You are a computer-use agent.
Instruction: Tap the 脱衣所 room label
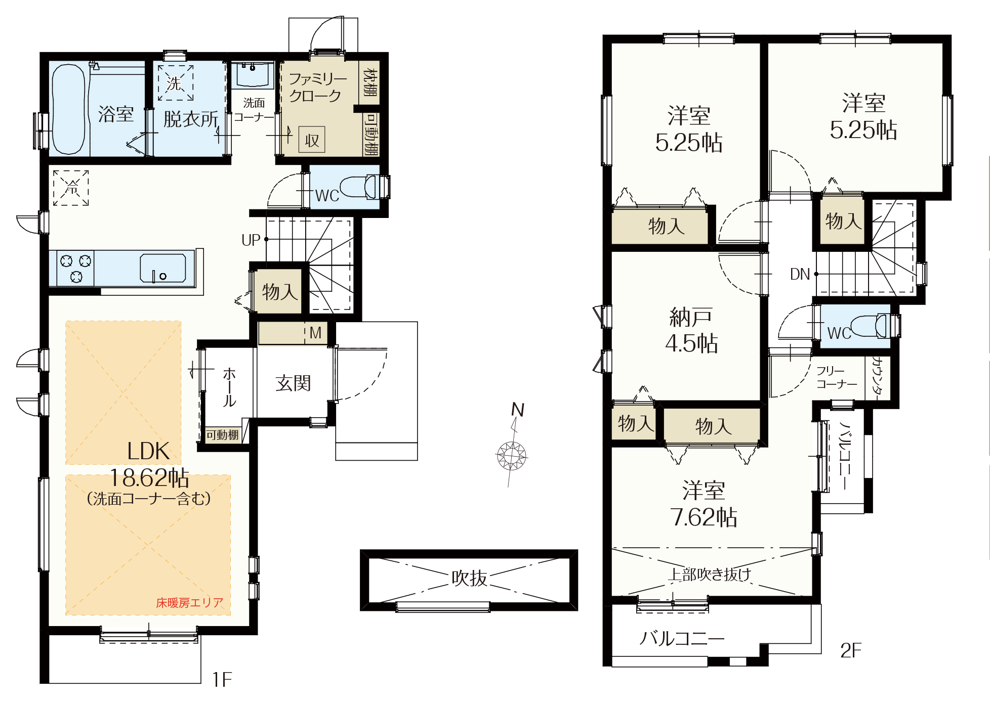tap(191, 119)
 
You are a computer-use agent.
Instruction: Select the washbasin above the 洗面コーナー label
tap(253, 75)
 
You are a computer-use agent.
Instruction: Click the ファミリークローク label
tap(318, 87)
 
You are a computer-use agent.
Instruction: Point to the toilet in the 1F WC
tap(361, 187)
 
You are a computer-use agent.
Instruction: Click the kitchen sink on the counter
tap(163, 268)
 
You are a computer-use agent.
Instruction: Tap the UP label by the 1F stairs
tap(251, 240)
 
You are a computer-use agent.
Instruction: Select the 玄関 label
tap(293, 383)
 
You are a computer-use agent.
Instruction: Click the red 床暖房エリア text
tap(189, 603)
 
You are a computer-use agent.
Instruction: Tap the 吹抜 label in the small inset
tap(469, 578)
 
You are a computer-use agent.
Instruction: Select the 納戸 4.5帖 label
tap(691, 330)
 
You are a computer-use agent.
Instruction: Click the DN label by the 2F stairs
tap(800, 274)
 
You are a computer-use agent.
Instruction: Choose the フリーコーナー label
tap(837, 378)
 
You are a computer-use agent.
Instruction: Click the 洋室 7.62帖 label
tap(704, 504)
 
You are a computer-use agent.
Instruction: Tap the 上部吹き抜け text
tap(710, 575)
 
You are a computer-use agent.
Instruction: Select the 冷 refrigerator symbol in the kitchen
tap(71, 188)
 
